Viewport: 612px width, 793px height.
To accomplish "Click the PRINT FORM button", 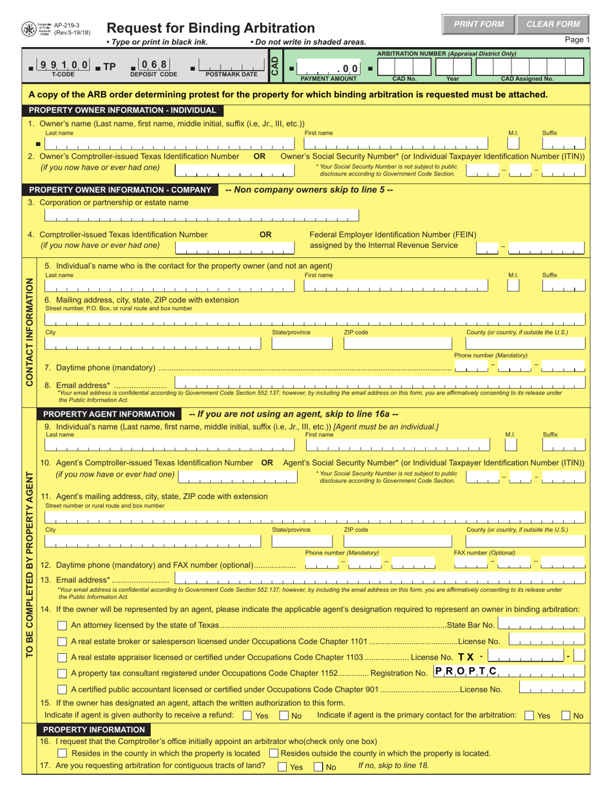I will (478, 24).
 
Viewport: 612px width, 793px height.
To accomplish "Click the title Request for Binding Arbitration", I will (210, 28).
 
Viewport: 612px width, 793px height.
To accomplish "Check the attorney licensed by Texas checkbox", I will (62, 625).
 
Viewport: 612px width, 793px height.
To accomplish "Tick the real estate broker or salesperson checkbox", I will (62, 641).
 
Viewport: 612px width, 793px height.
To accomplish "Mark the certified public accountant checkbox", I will (62, 690).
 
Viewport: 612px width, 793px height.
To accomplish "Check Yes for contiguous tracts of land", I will (282, 767).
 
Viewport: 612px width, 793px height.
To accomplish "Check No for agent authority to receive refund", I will (284, 716).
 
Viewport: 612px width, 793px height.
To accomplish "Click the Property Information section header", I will (94, 729).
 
